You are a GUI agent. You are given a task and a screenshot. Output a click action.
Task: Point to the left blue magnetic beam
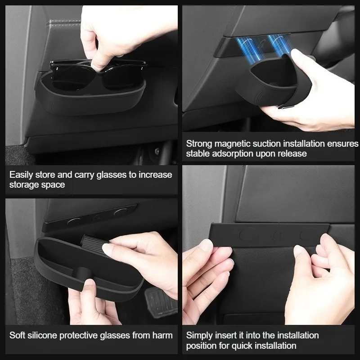click(250, 49)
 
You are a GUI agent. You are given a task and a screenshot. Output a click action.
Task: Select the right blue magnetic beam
click(279, 44)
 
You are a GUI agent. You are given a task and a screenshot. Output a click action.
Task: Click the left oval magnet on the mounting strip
click(248, 234)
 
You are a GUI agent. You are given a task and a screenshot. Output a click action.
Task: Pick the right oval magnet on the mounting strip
click(308, 234)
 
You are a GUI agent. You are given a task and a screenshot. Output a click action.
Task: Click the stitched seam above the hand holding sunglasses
click(63, 23)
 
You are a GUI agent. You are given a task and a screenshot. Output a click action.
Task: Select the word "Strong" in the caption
click(199, 144)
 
